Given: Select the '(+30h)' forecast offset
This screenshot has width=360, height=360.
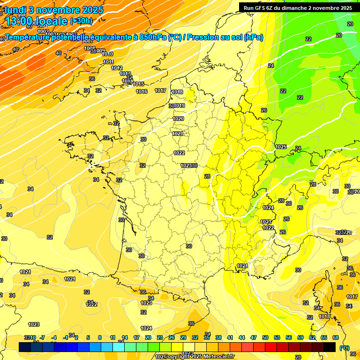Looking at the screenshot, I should tap(81, 21).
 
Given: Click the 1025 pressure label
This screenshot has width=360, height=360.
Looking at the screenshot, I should tap(281, 147).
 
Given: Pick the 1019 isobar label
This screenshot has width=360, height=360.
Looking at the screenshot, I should tap(180, 106).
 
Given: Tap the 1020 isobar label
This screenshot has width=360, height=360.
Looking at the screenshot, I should tap(178, 119).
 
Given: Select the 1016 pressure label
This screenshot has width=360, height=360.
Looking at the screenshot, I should tap(142, 91).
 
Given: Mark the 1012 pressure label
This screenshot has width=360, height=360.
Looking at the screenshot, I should tap(117, 68).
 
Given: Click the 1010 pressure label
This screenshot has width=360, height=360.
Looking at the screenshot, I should tap(107, 54).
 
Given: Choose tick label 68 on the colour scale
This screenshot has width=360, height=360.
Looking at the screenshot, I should tap(336, 337).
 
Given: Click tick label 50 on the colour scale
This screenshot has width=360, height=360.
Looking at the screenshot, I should tap(265, 337).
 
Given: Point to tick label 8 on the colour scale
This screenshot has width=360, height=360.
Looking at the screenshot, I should tap(100, 337).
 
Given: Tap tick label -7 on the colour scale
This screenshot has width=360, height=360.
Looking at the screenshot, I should tap(42, 337).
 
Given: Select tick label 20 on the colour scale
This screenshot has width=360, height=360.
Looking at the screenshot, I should tap(148, 337).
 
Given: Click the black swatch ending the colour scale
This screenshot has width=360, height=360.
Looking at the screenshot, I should tap(330, 347).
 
